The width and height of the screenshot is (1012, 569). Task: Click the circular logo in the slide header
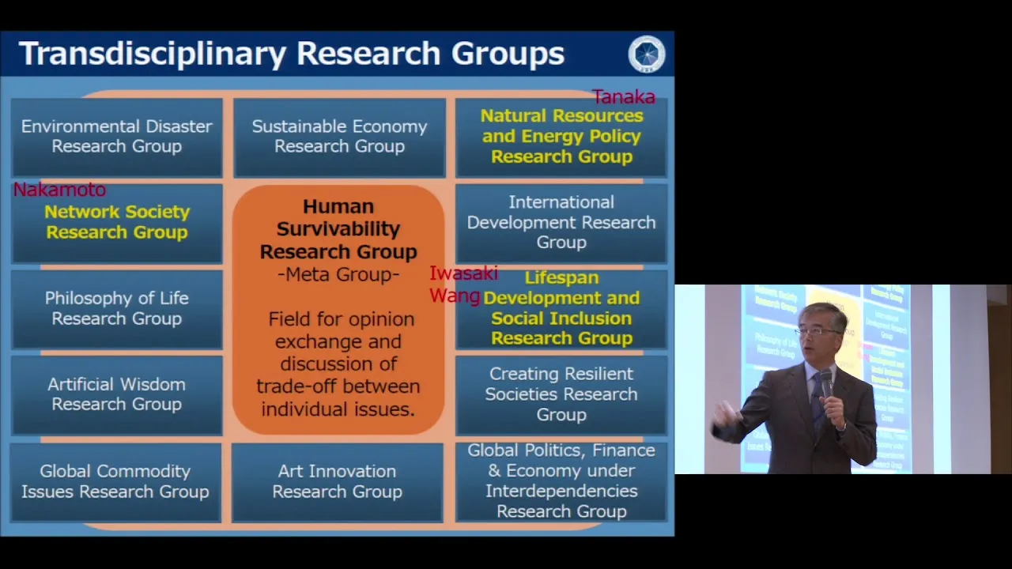[x=647, y=55]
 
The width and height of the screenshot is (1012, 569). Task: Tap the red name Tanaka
[x=624, y=97]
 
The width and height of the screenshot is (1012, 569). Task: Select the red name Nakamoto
[x=59, y=190]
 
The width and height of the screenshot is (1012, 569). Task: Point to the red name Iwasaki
[x=463, y=273]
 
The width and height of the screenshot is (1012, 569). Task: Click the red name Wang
[x=455, y=296]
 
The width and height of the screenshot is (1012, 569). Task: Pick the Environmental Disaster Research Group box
[x=116, y=138]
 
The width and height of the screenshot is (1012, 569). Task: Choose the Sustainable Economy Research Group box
[x=339, y=138]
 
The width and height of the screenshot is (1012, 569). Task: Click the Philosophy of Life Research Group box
[x=116, y=309]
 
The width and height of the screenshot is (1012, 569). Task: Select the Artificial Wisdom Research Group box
[x=116, y=394]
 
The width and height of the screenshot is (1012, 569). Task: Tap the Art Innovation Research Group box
[x=337, y=482]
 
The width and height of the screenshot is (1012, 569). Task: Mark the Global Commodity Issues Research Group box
[x=115, y=482]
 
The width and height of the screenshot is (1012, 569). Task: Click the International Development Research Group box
[x=561, y=223]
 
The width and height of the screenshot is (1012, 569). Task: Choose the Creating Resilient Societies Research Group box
[x=561, y=394]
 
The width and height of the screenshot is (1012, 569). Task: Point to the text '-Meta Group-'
[x=338, y=274]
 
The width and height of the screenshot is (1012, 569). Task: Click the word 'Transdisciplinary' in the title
[x=153, y=54]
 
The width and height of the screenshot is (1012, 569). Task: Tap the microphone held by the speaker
[x=826, y=383]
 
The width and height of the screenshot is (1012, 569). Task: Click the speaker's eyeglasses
[x=818, y=332]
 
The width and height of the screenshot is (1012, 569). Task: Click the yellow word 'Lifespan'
[x=561, y=278]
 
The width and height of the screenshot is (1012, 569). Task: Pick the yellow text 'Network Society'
[x=117, y=212]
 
